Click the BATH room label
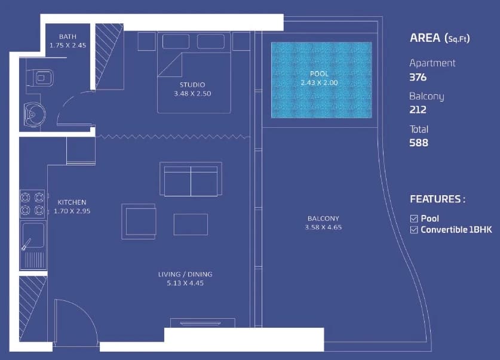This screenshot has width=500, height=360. (68, 36)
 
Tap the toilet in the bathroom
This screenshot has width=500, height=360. (40, 78)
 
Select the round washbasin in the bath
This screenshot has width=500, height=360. (35, 115)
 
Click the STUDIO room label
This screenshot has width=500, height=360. (192, 85)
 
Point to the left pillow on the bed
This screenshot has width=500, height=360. (176, 41)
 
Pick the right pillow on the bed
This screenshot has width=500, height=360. (211, 41)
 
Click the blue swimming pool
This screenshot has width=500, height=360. (321, 80)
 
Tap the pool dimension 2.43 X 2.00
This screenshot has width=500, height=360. (319, 82)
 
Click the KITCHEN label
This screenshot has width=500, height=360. (72, 202)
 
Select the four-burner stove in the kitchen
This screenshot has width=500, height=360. (32, 204)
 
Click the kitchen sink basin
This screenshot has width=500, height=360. (33, 235)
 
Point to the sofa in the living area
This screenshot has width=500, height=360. (191, 179)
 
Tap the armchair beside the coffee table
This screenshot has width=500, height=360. (139, 221)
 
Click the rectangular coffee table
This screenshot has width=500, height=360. (191, 224)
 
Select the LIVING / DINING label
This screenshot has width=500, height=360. (185, 274)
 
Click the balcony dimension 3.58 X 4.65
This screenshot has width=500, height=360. (323, 227)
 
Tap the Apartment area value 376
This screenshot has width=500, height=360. (418, 78)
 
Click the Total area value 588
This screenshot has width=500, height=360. (419, 143)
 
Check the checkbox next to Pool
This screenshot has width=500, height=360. (414, 219)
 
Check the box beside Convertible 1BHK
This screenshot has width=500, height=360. (414, 230)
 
